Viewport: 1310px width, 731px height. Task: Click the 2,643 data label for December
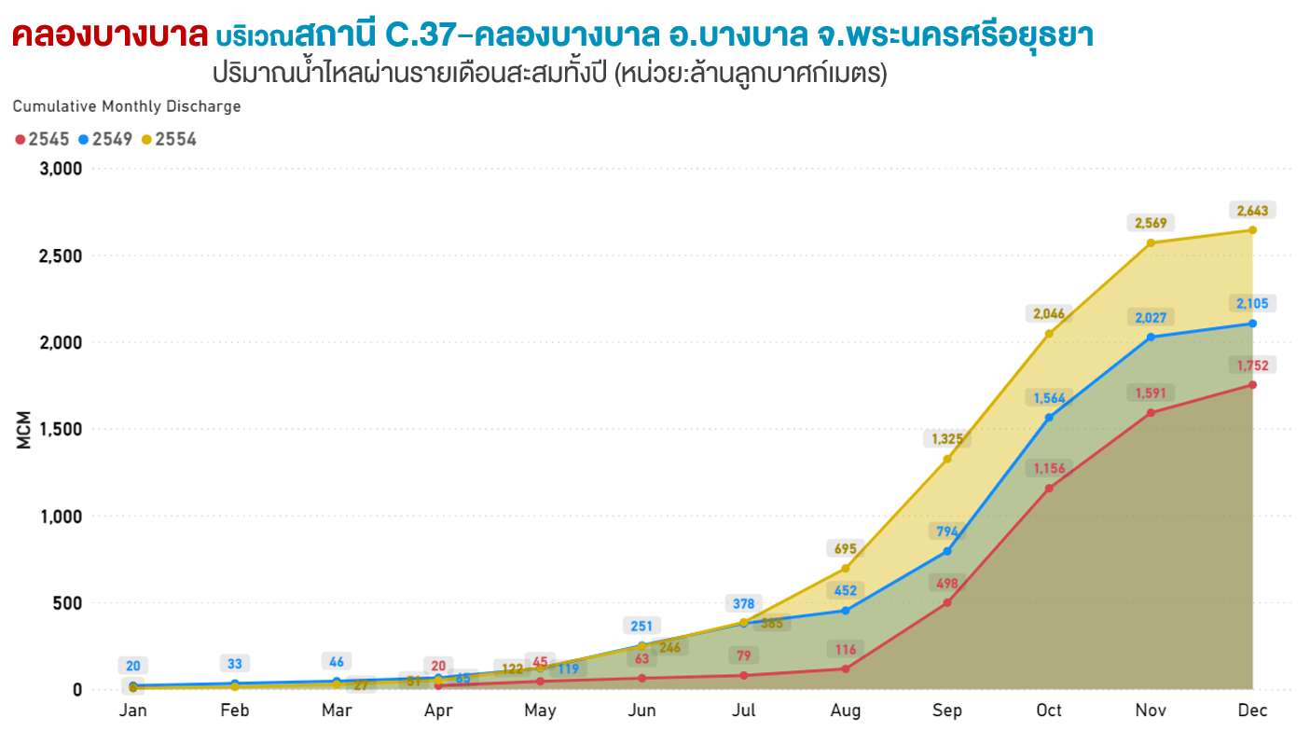pos(1252,211)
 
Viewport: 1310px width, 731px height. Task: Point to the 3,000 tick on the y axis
pos(61,169)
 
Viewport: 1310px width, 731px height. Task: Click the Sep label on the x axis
pos(947,710)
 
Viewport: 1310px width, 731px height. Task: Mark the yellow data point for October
pos(1049,334)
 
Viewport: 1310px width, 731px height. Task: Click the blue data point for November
pos(1151,337)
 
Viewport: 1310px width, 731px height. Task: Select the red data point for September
pos(947,602)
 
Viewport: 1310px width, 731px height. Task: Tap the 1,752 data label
pos(1252,365)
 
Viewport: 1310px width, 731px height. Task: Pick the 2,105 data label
pos(1252,304)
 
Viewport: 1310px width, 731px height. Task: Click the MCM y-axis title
pos(24,429)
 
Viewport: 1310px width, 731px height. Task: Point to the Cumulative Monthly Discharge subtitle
pos(127,106)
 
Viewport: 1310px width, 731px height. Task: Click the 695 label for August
pos(845,549)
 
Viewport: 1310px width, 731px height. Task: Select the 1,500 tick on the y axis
pos(61,429)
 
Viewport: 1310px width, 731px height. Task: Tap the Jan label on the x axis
pos(133,710)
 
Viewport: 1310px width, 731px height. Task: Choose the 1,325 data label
pos(947,438)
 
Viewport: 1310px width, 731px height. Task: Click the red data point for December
pos(1252,385)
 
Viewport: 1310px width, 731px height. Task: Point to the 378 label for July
pos(743,603)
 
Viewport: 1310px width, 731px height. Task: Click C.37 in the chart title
pos(424,35)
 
